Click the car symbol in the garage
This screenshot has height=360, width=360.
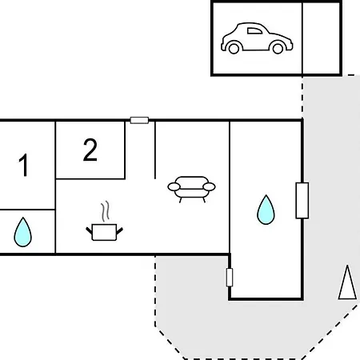(257, 38)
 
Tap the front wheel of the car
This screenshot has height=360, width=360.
(278, 48)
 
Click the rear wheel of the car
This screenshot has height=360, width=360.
(234, 48)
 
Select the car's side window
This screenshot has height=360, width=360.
(254, 31)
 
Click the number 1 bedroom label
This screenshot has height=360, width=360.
(24, 165)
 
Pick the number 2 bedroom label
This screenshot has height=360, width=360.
(90, 150)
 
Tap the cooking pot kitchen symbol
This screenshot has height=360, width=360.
(104, 232)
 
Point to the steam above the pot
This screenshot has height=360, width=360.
(105, 211)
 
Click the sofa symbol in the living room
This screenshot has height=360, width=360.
(191, 190)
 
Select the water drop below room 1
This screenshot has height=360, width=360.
(22, 232)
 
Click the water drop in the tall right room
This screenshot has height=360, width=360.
(266, 210)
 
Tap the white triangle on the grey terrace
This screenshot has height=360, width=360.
(347, 282)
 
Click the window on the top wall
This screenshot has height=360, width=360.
(139, 120)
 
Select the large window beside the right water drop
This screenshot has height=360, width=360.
(302, 201)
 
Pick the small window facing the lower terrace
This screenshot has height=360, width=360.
(230, 278)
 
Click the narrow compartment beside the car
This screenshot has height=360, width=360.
(322, 38)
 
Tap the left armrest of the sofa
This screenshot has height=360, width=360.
(174, 187)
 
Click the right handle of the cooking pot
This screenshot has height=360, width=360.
(119, 231)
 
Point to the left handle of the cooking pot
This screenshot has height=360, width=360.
(89, 231)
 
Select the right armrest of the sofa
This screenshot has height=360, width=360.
(209, 187)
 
